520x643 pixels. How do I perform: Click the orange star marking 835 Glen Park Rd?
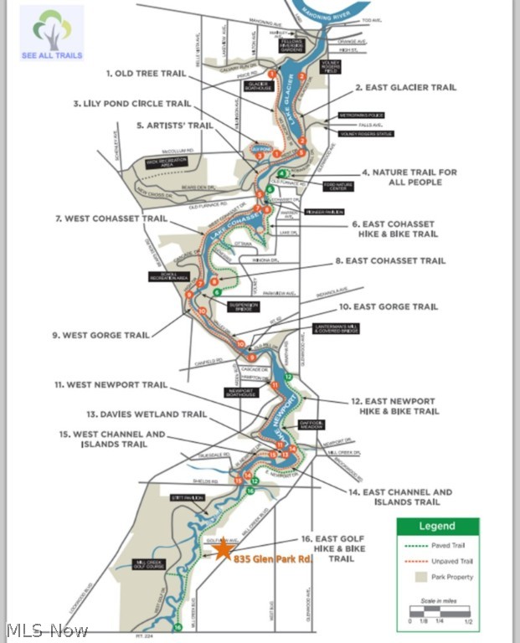[x=223, y=549]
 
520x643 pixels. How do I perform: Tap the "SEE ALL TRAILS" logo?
[x=52, y=33]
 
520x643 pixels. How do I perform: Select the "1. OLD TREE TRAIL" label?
[x=146, y=74]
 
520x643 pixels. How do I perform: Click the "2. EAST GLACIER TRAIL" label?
[x=405, y=87]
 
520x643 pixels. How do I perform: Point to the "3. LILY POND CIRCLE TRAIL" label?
[x=132, y=104]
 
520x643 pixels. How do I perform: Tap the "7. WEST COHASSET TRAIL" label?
[x=111, y=219]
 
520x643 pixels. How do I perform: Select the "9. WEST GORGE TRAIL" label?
[x=100, y=336]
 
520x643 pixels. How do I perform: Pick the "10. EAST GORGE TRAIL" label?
[x=389, y=307]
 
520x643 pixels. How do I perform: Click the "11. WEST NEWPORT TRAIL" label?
[x=111, y=385]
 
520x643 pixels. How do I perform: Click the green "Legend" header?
[x=437, y=527]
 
